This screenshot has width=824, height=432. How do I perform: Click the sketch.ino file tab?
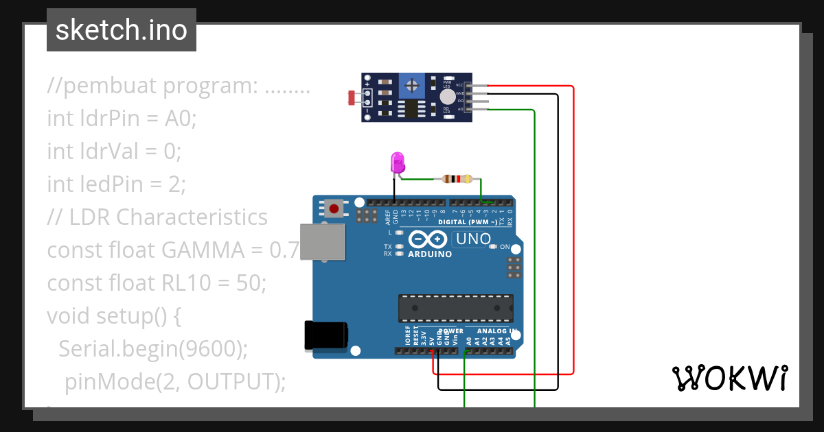pyautogui.click(x=121, y=30)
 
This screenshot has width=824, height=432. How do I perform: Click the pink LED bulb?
pyautogui.click(x=398, y=163)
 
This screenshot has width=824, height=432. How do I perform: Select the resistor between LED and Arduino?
pyautogui.click(x=457, y=180)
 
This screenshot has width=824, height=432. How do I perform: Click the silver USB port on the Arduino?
pyautogui.click(x=323, y=242)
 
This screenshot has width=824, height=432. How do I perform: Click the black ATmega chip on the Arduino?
pyautogui.click(x=456, y=308)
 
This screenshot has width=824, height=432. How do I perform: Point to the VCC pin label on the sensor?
pyautogui.click(x=459, y=85)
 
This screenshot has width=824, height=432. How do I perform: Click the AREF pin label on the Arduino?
pyautogui.click(x=388, y=217)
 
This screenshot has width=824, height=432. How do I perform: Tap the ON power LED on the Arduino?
pyautogui.click(x=505, y=247)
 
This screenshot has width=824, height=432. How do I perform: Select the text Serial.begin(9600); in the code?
pyautogui.click(x=152, y=348)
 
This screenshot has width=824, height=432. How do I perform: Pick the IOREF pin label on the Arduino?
pyautogui.click(x=407, y=335)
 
